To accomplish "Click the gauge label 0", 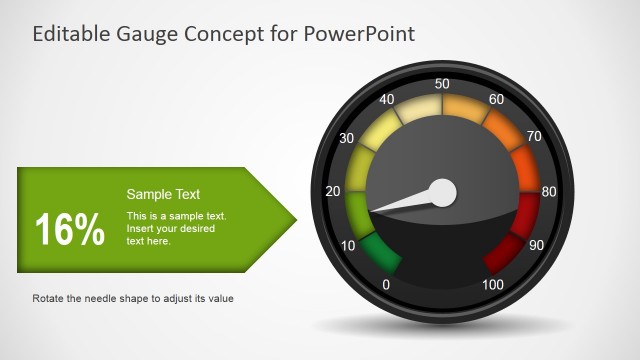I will (387, 285).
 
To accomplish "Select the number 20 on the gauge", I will (333, 191).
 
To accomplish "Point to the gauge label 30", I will (348, 137).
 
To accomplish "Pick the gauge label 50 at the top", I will (442, 84).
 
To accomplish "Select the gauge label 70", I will (534, 137).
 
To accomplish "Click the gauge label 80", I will (549, 191).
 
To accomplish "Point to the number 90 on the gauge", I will (535, 246).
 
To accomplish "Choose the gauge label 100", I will (492, 285).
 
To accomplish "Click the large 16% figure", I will (70, 231).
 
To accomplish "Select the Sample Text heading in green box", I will (163, 195).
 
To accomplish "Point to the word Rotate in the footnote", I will (51, 298).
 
